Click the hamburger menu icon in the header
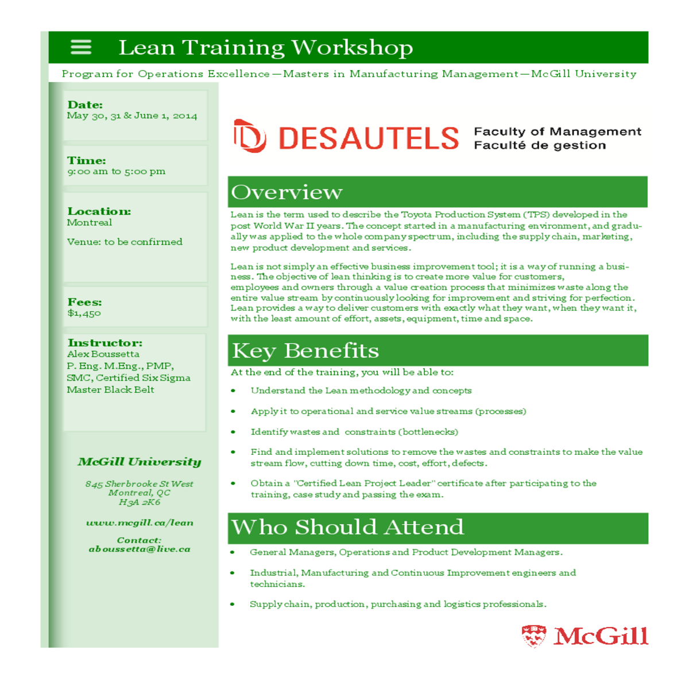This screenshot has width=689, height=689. [x=81, y=47]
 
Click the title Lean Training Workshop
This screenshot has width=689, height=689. [x=265, y=48]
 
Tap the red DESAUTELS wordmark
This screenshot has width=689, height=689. [x=368, y=138]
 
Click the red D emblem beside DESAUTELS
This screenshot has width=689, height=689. [x=250, y=136]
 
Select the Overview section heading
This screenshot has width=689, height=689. [x=287, y=192]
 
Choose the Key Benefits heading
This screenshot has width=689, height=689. [x=305, y=351]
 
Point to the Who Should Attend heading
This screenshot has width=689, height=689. [x=347, y=527]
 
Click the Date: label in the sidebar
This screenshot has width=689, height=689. [x=85, y=104]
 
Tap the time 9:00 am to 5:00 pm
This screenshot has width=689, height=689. [x=116, y=171]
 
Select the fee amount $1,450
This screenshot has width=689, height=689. [x=84, y=313]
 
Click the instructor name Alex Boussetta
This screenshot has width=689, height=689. [x=103, y=354]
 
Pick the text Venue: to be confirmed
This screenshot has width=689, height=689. [x=125, y=242]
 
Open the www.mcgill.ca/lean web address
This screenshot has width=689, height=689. [x=140, y=522]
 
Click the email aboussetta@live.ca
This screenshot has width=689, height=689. [x=140, y=549]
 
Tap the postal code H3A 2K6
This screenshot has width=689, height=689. [x=140, y=502]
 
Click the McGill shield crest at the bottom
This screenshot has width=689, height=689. [x=534, y=636]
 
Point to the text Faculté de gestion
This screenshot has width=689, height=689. [x=540, y=145]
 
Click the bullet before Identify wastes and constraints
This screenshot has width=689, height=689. [x=233, y=432]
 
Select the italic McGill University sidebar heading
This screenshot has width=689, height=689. [x=140, y=462]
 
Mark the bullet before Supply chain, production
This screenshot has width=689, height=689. [x=233, y=604]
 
